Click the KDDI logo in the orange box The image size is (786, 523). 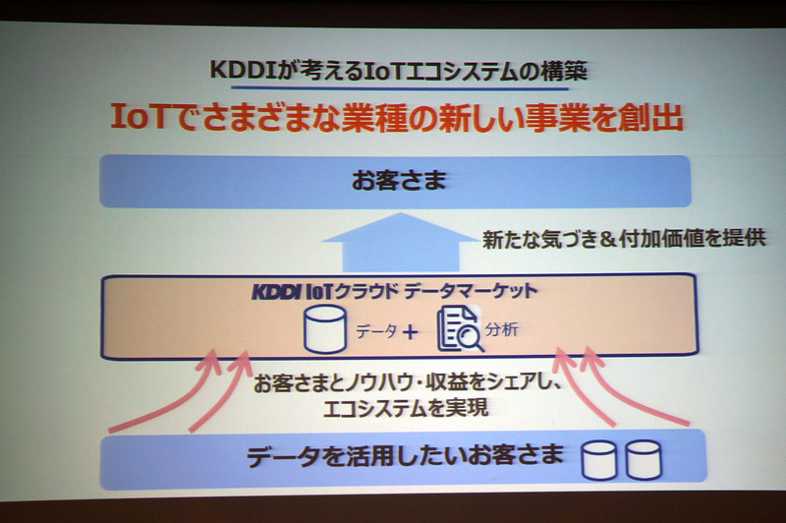coord(279,292)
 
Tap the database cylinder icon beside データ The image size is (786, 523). coord(324,331)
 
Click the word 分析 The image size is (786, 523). coord(503,330)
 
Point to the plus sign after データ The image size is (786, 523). coord(409,332)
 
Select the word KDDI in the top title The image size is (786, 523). coord(243,72)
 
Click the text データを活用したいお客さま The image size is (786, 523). coord(405,456)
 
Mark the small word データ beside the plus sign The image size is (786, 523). coord(375,332)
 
